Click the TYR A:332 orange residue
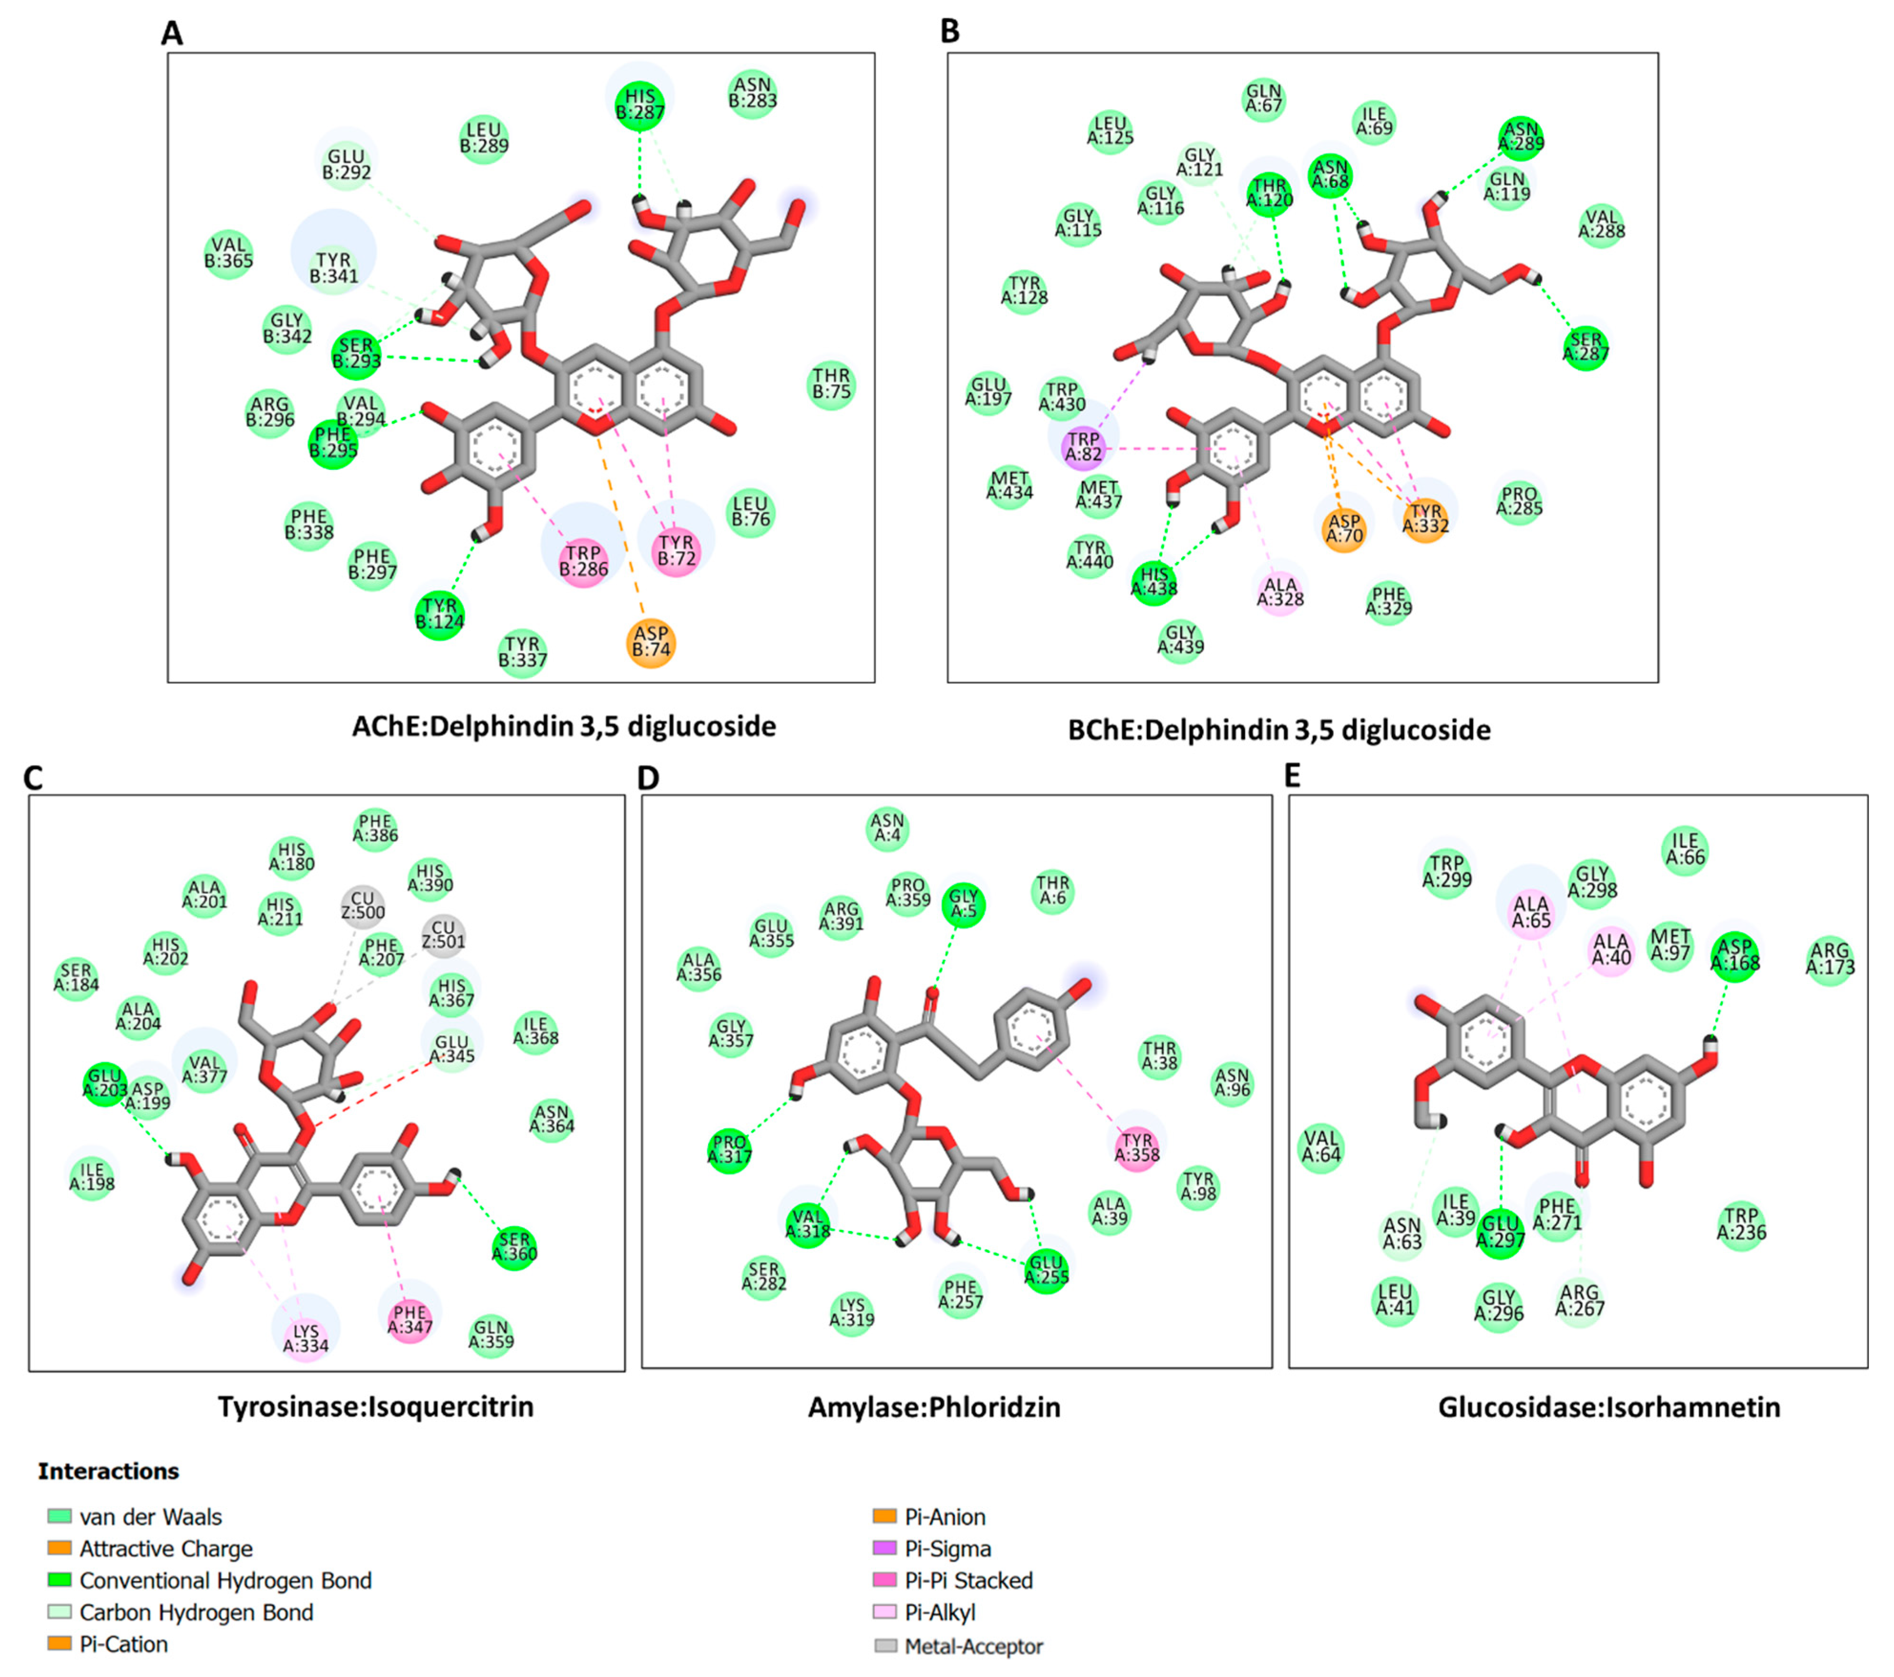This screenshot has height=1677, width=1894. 1425,519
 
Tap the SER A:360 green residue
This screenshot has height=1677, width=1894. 515,1247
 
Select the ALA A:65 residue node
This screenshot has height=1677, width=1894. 1531,912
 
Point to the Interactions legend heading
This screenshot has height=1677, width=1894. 108,1471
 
